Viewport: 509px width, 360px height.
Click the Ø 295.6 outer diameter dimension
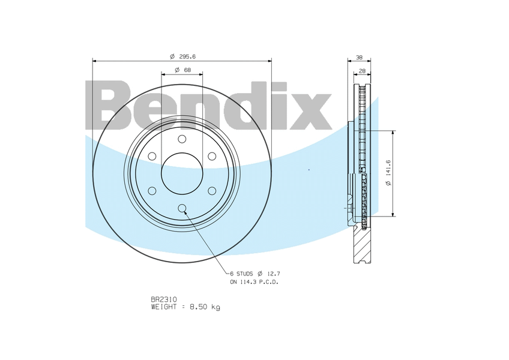[182, 56]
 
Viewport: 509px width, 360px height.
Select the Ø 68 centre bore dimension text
[182, 70]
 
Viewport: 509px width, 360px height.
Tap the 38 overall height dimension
[359, 58]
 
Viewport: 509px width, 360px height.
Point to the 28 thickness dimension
[362, 70]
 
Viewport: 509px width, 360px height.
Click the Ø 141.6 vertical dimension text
[388, 173]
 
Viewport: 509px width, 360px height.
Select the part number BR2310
[164, 299]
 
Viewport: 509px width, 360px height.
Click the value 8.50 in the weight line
[199, 307]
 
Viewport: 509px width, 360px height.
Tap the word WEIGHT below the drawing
[164, 307]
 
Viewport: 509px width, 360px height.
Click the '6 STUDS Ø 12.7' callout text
[255, 274]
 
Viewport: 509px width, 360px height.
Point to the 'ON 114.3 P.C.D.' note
[254, 282]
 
